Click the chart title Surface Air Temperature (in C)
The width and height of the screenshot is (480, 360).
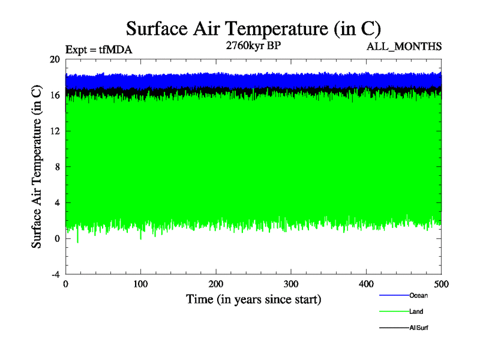(x=253, y=28)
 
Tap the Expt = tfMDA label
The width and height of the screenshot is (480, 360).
(x=98, y=50)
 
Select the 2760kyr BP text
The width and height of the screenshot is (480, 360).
(x=253, y=46)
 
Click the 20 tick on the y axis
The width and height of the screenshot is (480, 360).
(x=55, y=59)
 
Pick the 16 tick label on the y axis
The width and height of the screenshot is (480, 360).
(x=55, y=95)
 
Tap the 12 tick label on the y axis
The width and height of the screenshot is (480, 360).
(x=55, y=131)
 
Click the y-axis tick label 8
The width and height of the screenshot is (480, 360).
(x=57, y=167)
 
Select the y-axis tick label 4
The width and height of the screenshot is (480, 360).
(x=57, y=202)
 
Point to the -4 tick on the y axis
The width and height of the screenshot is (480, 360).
(x=55, y=274)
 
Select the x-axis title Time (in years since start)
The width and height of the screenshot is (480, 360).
(x=253, y=299)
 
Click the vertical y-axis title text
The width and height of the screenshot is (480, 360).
(x=37, y=167)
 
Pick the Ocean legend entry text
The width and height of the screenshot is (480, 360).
(x=419, y=295)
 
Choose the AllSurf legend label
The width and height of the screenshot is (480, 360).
(x=419, y=328)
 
